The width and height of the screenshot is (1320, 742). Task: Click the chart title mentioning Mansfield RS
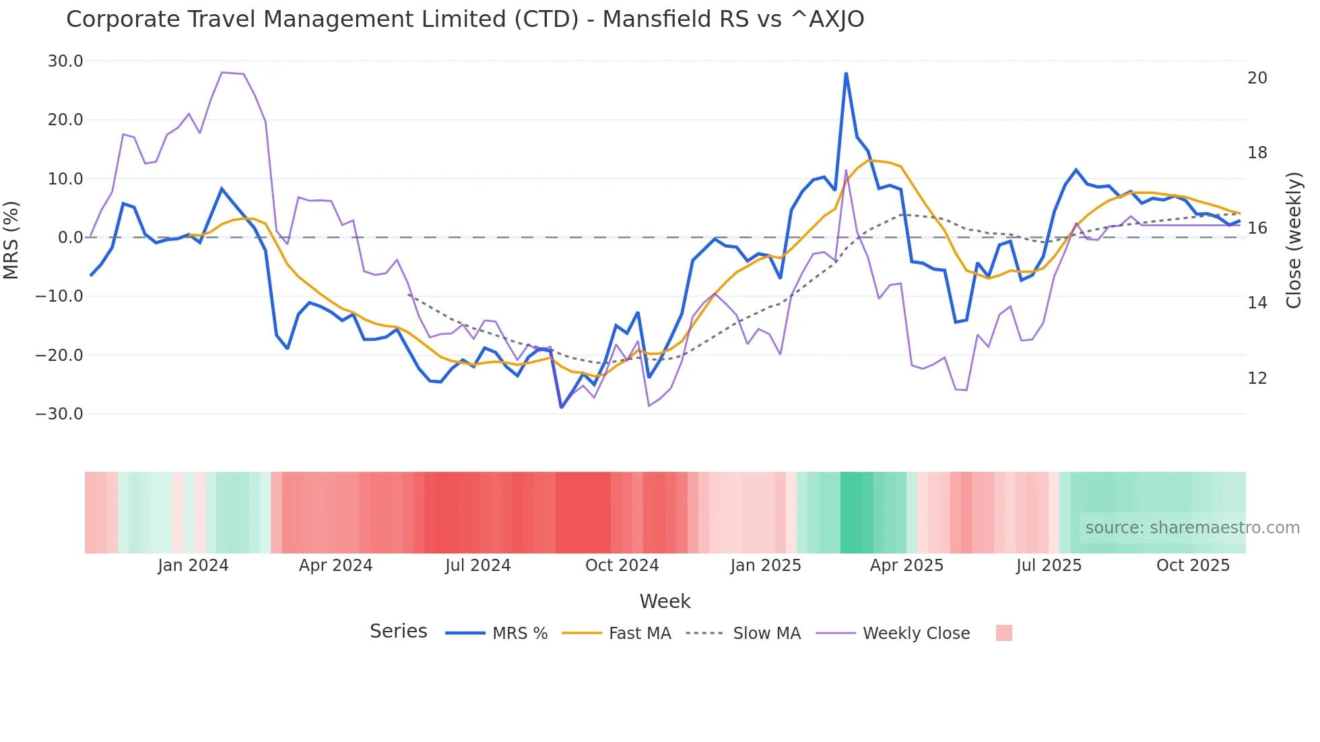click(x=465, y=20)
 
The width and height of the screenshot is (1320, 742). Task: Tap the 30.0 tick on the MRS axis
click(x=65, y=61)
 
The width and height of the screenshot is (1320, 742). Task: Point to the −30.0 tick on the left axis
click(x=59, y=414)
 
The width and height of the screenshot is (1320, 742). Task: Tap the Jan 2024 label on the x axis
click(x=193, y=566)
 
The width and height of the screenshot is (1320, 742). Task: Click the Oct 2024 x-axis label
click(x=622, y=566)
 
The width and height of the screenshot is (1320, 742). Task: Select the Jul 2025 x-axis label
click(x=1049, y=566)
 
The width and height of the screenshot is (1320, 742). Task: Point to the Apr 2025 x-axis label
click(x=906, y=566)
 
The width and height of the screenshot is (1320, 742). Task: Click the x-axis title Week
click(x=665, y=601)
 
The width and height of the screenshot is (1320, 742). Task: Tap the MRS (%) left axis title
click(x=11, y=240)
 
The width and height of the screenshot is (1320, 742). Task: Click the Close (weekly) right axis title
click(x=1293, y=240)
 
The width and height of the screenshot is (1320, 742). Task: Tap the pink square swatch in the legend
click(x=1003, y=633)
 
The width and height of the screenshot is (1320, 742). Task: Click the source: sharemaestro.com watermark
click(x=1192, y=528)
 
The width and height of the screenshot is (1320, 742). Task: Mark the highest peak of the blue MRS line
click(x=846, y=73)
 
